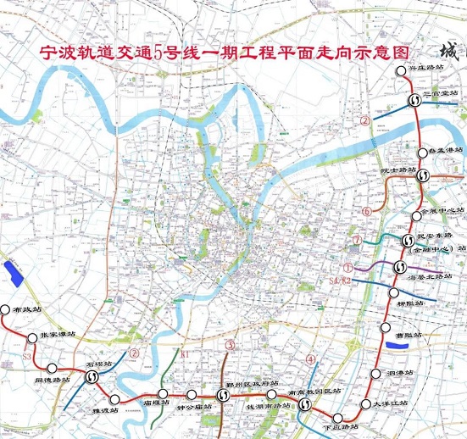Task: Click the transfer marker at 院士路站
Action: click(x=422, y=176)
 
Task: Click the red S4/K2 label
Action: click(x=339, y=279)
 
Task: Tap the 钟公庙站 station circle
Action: click(x=192, y=395)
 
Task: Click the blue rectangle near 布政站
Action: click(x=14, y=272)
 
